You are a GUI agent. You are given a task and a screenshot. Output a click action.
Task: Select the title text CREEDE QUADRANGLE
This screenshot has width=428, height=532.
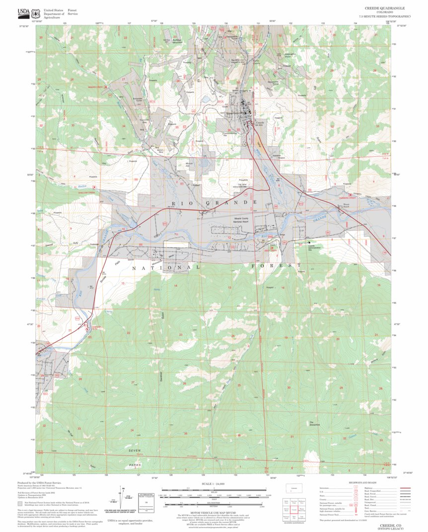(x=384, y=8)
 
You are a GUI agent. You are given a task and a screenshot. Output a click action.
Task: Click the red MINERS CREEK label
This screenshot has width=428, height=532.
(x=98, y=88)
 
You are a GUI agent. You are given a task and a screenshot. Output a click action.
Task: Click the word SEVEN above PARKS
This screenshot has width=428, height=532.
(x=136, y=450)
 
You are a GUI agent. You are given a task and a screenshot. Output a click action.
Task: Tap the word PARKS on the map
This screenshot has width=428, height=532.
(x=135, y=465)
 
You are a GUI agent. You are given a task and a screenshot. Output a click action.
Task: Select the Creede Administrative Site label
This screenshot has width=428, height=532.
(x=315, y=247)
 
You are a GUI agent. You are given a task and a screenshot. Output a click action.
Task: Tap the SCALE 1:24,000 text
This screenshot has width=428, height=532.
(x=214, y=484)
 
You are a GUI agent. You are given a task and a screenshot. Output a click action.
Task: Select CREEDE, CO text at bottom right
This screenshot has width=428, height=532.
(x=391, y=525)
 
